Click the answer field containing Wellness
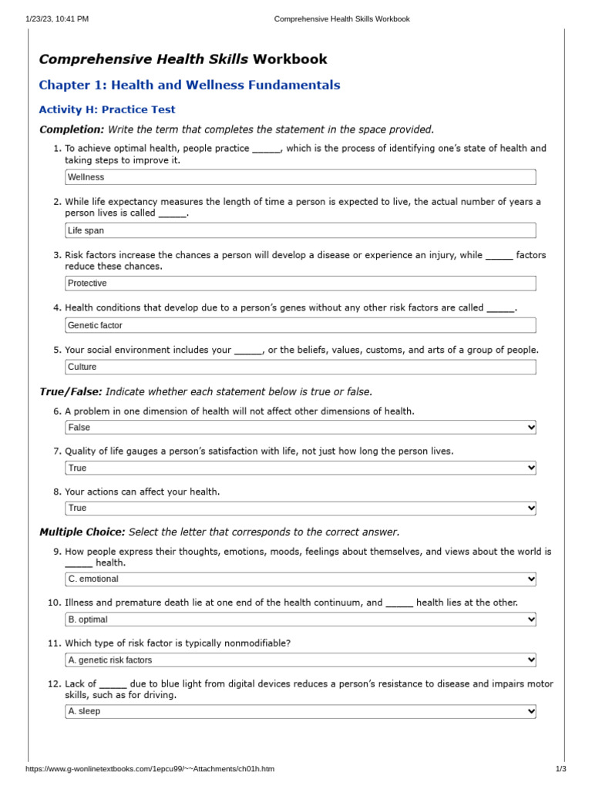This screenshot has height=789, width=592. [x=300, y=177]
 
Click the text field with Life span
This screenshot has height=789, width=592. [x=300, y=230]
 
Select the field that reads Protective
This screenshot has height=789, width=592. [x=300, y=284]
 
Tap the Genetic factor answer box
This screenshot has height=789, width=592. [x=300, y=325]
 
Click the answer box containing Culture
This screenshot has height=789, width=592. [x=300, y=367]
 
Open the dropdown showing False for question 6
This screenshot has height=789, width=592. [x=300, y=428]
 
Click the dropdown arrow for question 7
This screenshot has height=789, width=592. [x=530, y=468]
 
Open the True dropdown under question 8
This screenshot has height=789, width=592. [x=300, y=508]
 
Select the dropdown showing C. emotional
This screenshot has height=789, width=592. [x=300, y=579]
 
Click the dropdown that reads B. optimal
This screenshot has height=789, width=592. [x=300, y=619]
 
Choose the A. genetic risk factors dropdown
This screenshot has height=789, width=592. [x=300, y=660]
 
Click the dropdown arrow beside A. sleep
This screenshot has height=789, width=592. [x=530, y=712]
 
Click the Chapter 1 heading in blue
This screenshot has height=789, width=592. [x=190, y=86]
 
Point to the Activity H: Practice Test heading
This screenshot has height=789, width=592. [x=107, y=110]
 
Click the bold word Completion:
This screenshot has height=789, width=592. [x=72, y=129]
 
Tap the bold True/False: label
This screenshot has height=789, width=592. [x=71, y=392]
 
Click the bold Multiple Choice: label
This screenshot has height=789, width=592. [x=82, y=532]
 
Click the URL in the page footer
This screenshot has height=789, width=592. [x=150, y=769]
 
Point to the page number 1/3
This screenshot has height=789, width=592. [x=560, y=769]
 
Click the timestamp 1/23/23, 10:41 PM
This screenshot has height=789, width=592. [x=57, y=18]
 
